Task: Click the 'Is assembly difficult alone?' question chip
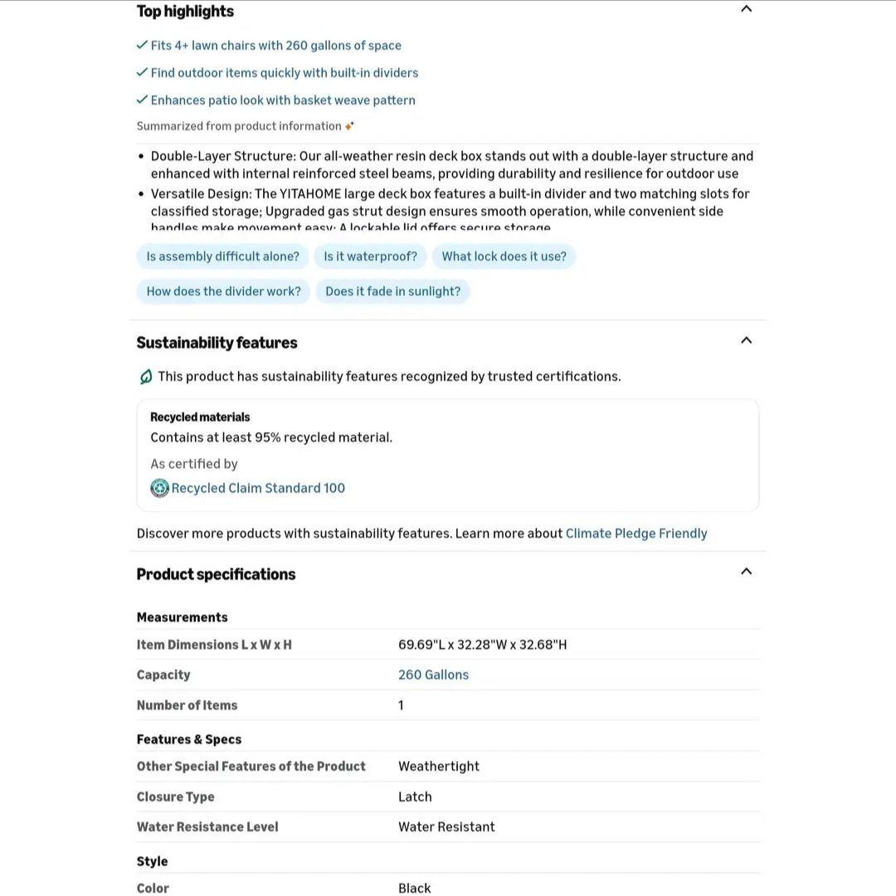click(x=222, y=256)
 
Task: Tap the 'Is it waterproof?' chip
click(x=370, y=256)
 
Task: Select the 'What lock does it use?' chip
click(x=504, y=256)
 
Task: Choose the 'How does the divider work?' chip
click(x=223, y=291)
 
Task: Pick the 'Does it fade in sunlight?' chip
click(x=392, y=291)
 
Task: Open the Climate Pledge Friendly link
click(x=636, y=533)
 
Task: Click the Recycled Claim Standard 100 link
click(x=258, y=488)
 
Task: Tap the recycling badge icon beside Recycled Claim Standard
click(x=159, y=488)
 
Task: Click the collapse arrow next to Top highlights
click(x=746, y=9)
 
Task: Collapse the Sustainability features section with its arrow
click(x=746, y=340)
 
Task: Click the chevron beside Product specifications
click(x=746, y=572)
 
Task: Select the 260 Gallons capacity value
click(x=433, y=674)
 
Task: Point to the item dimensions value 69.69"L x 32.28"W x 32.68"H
click(x=482, y=645)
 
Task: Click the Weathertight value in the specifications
click(x=439, y=767)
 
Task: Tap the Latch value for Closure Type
click(x=415, y=796)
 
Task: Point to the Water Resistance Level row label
click(x=207, y=826)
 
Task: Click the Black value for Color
click(x=414, y=888)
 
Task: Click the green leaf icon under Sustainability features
click(x=146, y=377)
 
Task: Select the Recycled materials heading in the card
click(x=200, y=417)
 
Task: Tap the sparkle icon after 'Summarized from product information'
click(x=349, y=126)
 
